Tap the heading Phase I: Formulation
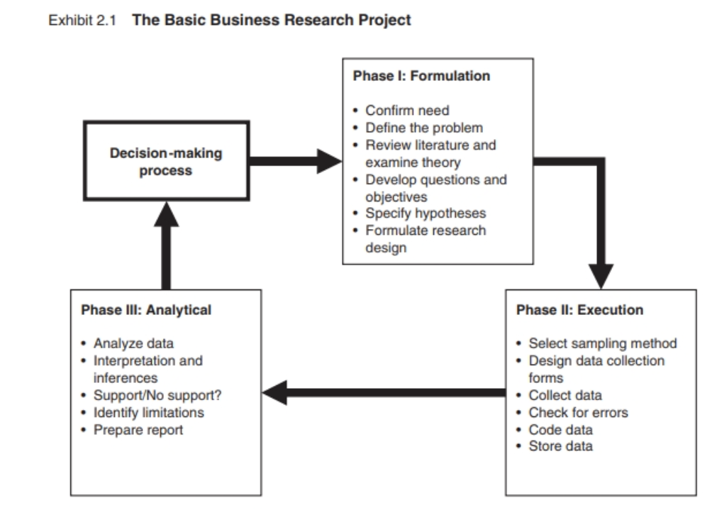click(x=421, y=76)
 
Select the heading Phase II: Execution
click(x=579, y=309)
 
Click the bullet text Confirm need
click(x=408, y=111)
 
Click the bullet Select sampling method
click(x=603, y=343)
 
